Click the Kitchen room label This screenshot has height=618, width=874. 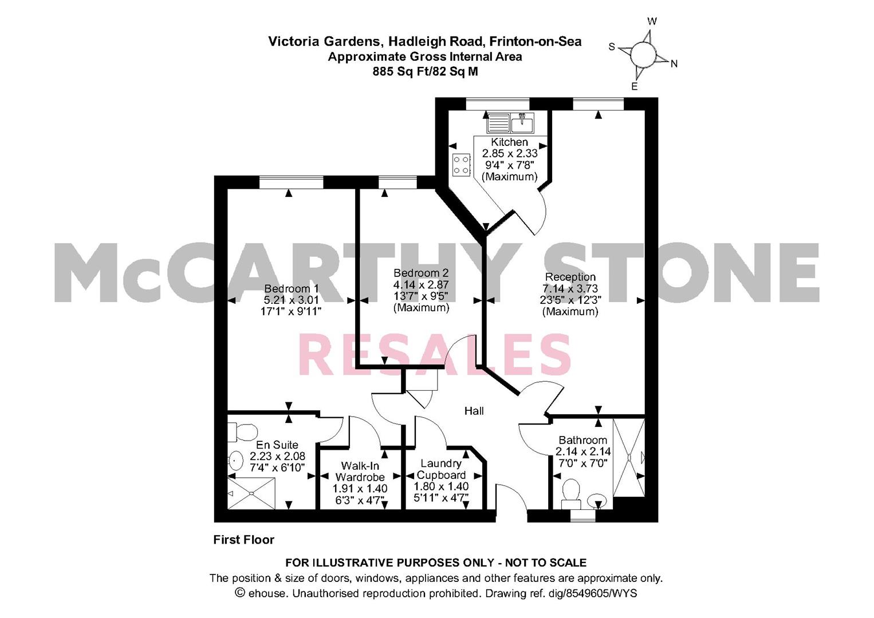point(509,142)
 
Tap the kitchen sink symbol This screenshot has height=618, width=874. point(511,123)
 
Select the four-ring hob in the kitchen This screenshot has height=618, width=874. point(461,165)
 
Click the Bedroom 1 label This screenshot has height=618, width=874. point(291,288)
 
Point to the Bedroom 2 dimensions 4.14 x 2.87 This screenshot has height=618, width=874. point(421,284)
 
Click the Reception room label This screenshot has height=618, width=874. point(570,277)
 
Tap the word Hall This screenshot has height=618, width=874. point(474,411)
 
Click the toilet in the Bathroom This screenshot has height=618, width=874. point(571,493)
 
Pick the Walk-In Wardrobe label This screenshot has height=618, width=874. point(360,472)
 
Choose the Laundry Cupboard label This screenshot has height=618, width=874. point(441,469)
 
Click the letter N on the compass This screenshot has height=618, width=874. point(674,64)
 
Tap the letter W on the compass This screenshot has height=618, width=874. point(652,21)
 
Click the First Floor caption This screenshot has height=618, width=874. point(243,540)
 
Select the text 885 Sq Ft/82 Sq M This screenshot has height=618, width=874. point(425,72)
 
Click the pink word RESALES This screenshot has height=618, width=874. point(435,355)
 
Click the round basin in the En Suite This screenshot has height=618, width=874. point(235,460)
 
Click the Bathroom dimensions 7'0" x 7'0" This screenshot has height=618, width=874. point(582,463)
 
